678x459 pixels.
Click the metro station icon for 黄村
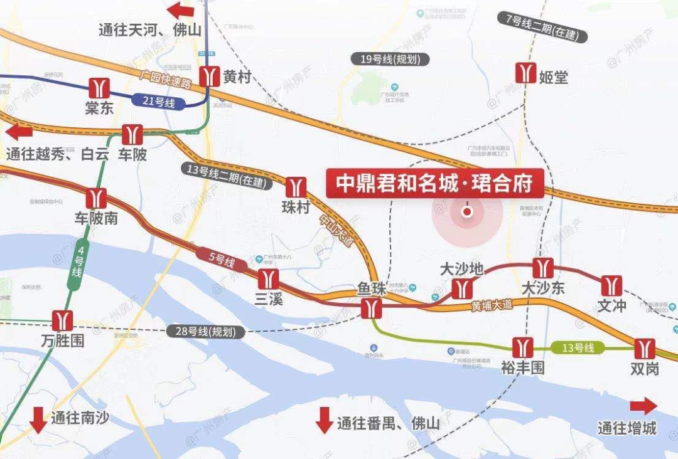coord(210,76)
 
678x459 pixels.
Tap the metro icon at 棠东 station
coord(98,87)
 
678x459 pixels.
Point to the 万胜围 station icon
coord(62,320)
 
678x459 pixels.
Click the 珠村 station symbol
coord(296,187)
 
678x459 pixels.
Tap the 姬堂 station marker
coord(525,73)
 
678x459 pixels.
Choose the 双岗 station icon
coord(644,349)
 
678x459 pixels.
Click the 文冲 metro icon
coord(611,286)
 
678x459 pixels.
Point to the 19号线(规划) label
coord(390,60)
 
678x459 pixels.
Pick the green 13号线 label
coord(577,347)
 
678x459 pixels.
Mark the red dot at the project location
coord(467,212)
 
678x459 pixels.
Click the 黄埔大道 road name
coord(492,305)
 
